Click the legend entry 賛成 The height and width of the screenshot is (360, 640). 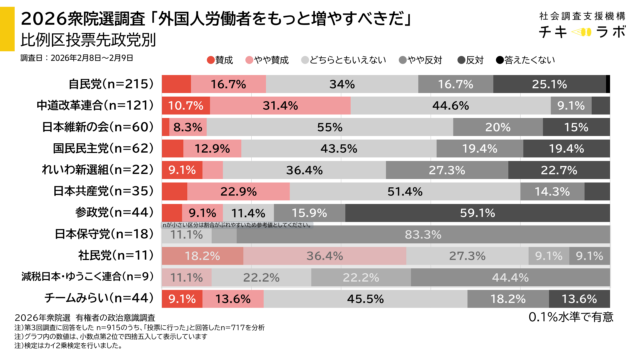(222, 60)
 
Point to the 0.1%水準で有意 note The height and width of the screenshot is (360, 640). (569, 318)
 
